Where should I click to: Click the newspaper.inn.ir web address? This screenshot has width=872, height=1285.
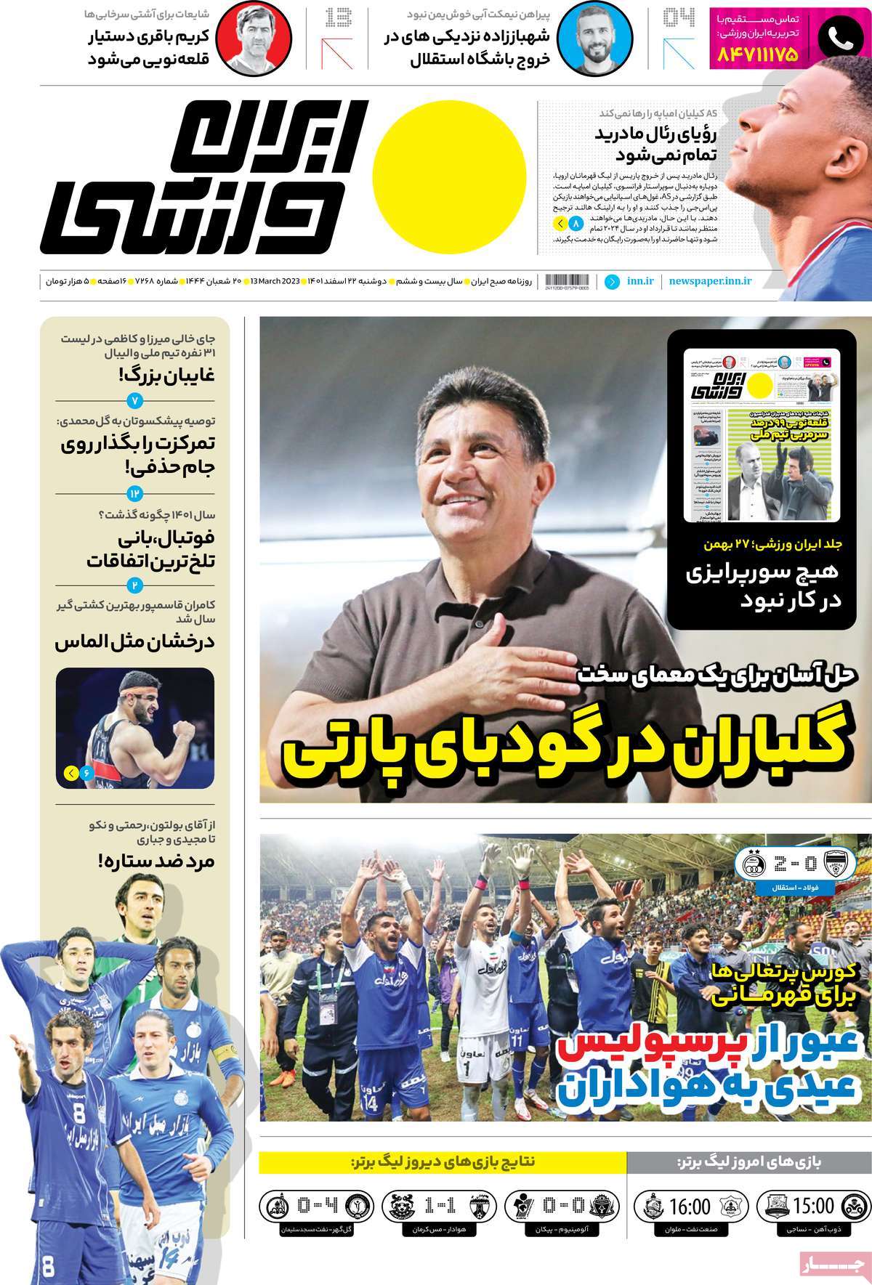click(711, 280)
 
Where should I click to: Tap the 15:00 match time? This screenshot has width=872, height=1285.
click(813, 1207)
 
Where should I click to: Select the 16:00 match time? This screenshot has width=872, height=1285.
click(690, 1207)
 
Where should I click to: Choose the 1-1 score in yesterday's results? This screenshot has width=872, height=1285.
click(440, 1207)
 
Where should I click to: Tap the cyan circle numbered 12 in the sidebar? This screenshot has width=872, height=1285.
click(136, 494)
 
